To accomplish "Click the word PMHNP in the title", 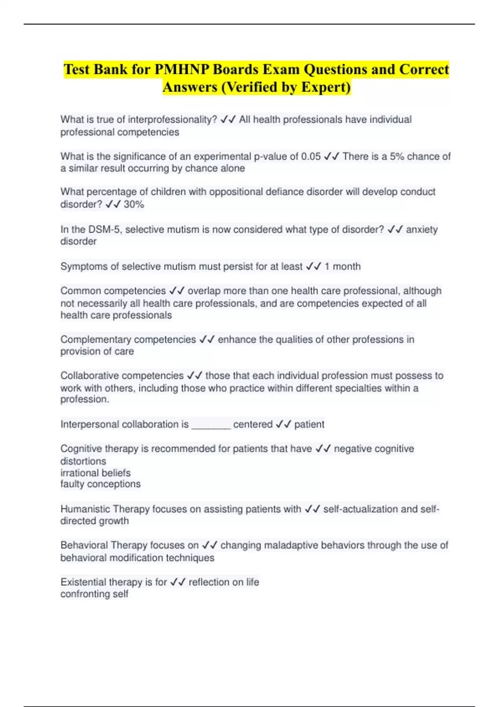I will [x=181, y=69].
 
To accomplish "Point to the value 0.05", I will [x=311, y=157].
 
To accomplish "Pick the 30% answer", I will [x=134, y=205].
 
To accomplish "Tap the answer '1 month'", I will [x=342, y=267].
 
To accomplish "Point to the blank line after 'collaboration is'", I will [x=211, y=425].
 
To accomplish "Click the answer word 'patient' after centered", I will [x=309, y=425].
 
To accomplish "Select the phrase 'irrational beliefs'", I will [x=95, y=473].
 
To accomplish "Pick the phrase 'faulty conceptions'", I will [x=100, y=484].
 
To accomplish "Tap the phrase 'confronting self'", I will [x=94, y=594].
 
